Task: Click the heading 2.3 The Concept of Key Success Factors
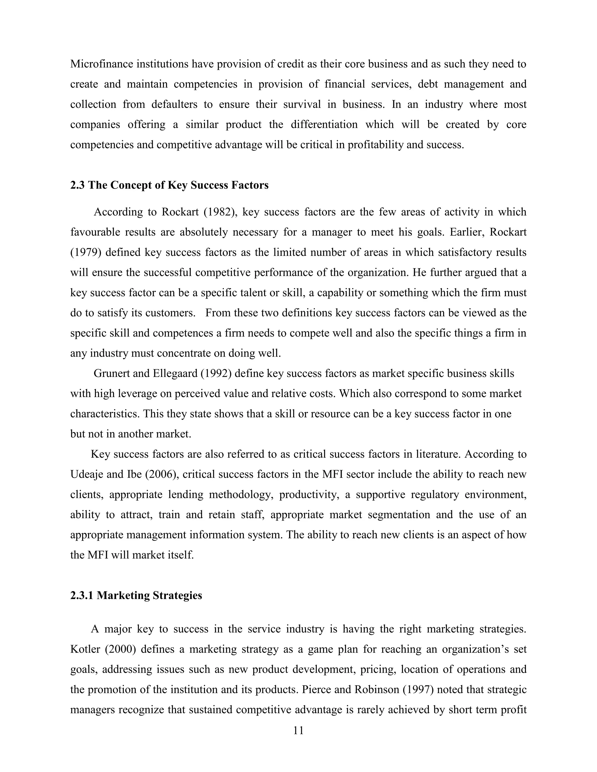coord(169,185)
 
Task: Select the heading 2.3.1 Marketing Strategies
coord(136,595)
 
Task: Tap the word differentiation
coord(324,125)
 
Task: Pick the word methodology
coord(241,495)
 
